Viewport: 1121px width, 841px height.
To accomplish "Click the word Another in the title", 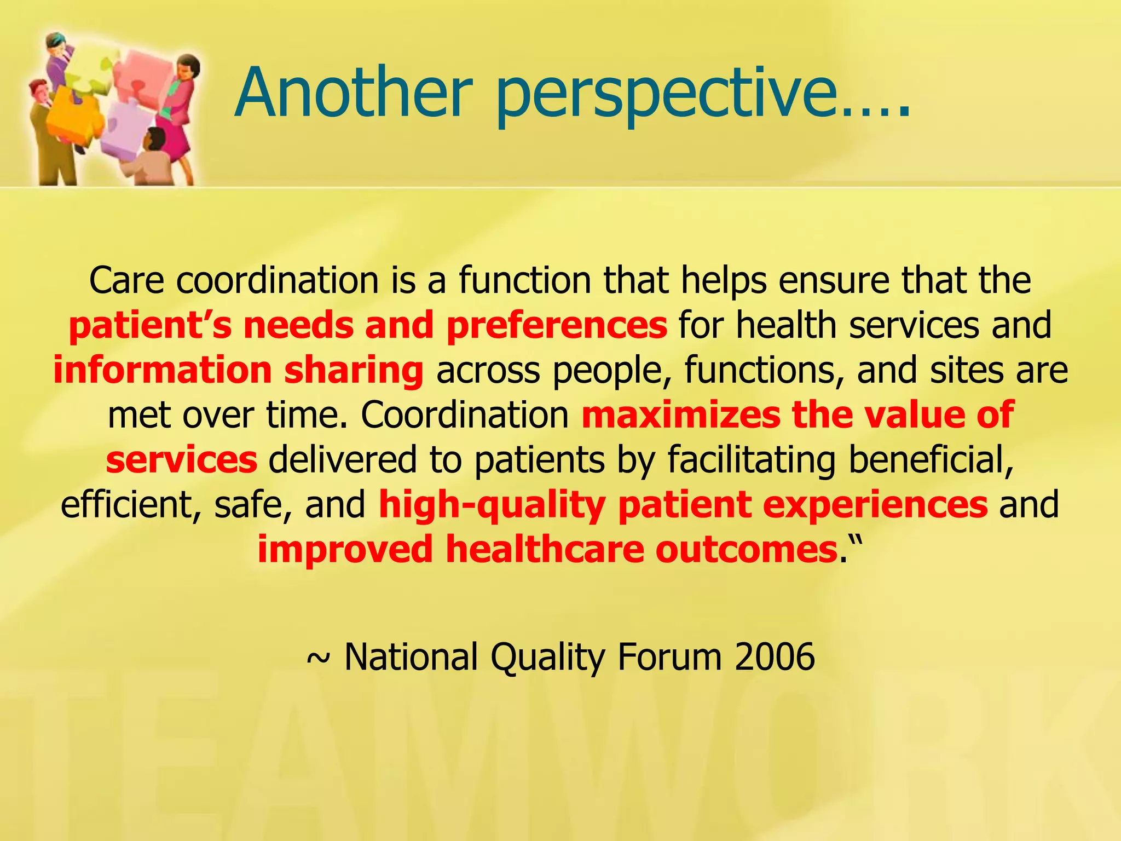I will [353, 93].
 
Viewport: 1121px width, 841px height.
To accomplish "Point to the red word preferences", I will [557, 326].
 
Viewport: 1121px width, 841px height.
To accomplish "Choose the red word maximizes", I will [680, 414].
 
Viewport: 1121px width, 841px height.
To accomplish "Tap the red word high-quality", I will [492, 505].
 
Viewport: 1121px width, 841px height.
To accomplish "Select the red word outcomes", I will [746, 549].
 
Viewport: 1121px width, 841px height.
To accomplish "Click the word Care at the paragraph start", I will [126, 281].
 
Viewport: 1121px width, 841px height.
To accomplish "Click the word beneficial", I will [931, 459].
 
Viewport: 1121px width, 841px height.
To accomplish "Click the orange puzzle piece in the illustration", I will [74, 118].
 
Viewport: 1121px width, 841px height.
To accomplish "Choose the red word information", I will [163, 371].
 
